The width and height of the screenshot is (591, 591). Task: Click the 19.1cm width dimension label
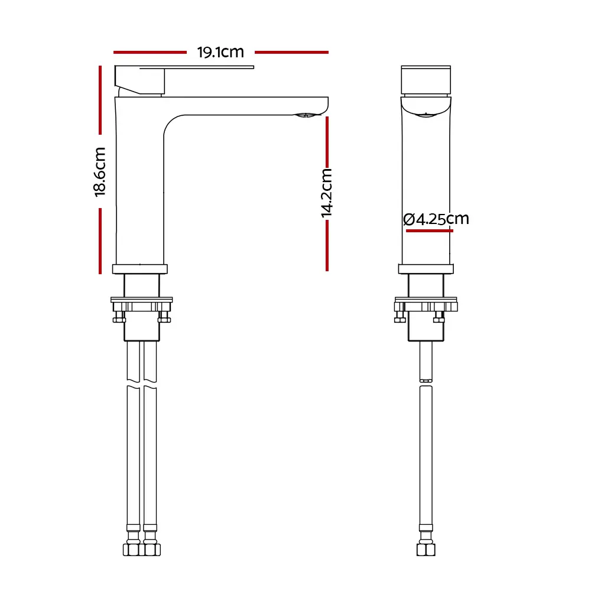point(220,53)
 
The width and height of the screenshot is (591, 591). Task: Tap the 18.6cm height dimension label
point(100,172)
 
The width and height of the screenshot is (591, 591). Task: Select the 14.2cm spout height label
point(326,193)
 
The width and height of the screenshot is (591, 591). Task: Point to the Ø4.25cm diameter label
point(436,219)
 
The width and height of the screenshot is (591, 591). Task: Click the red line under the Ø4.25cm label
point(430,230)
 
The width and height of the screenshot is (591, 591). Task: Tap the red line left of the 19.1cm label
point(150,53)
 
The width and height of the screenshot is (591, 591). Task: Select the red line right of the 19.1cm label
point(291,53)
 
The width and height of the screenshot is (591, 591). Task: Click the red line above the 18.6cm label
point(100,100)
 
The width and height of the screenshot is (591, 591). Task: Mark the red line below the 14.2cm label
point(327,245)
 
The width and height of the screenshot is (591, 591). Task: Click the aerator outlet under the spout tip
point(306,115)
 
